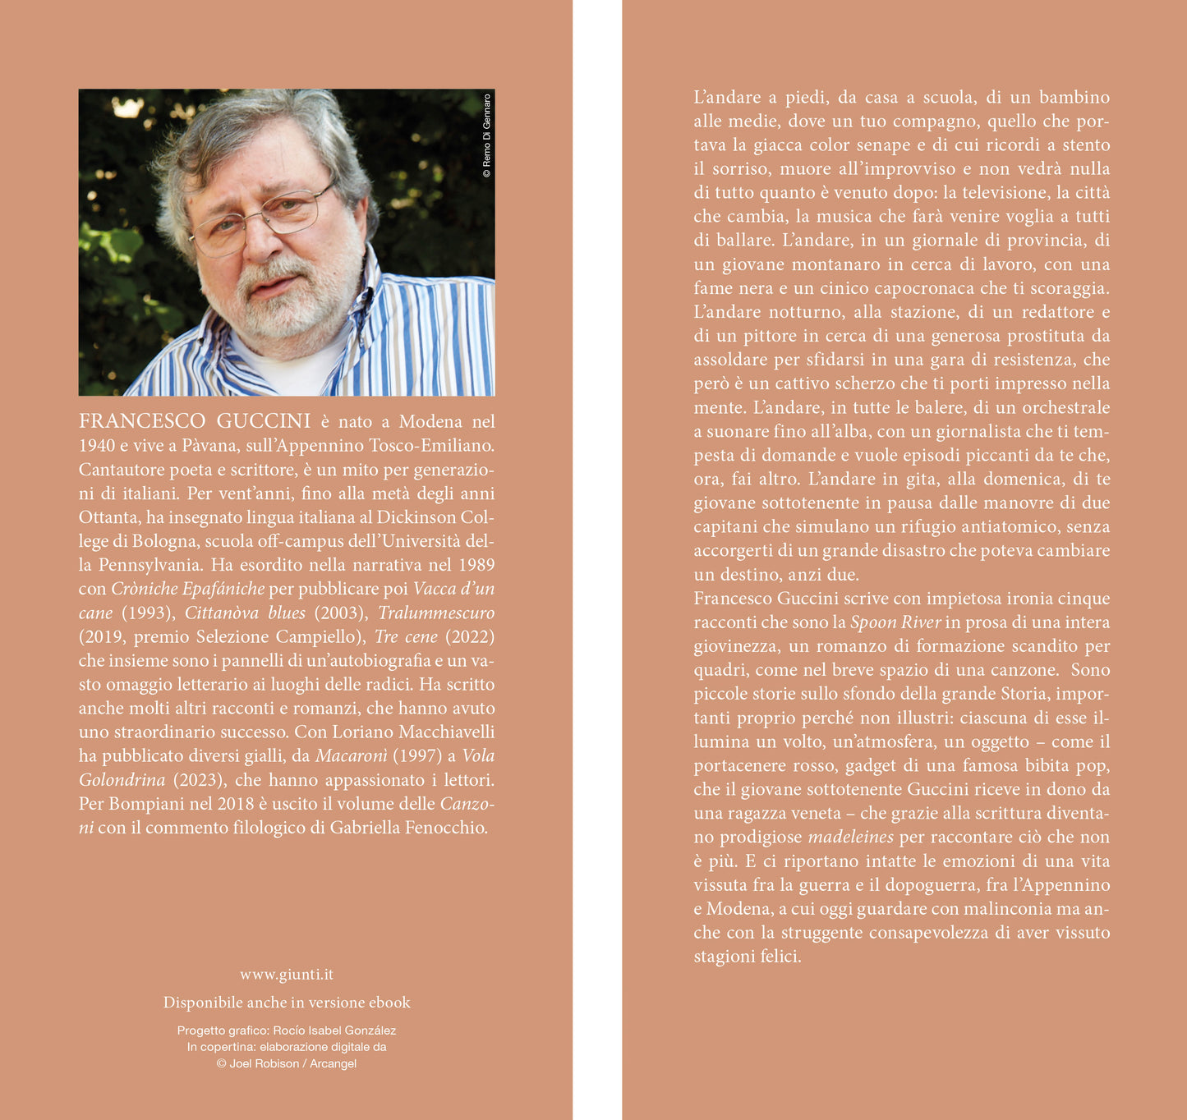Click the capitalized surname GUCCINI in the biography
click(x=264, y=421)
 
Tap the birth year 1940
click(x=97, y=446)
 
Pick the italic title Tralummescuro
click(x=436, y=613)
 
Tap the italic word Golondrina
click(x=122, y=780)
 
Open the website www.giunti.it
click(x=287, y=975)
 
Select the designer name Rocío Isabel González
click(x=334, y=1030)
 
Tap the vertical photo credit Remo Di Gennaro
click(x=486, y=136)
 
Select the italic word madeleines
click(x=850, y=838)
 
